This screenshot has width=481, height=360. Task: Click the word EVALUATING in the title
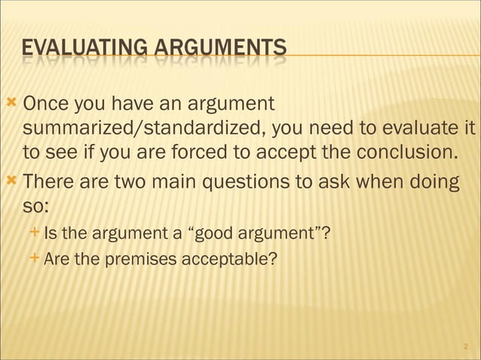point(84,50)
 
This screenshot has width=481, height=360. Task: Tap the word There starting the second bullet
point(53,182)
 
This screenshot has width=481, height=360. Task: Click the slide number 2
point(466,346)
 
